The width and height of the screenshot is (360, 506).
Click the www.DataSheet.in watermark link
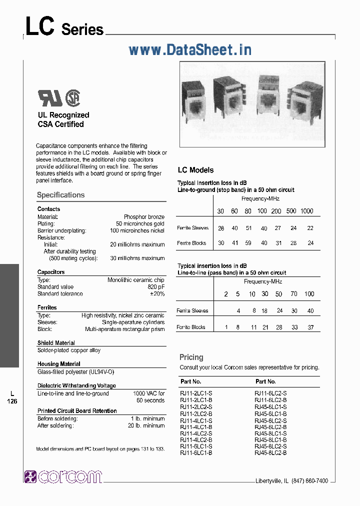[x=190, y=49]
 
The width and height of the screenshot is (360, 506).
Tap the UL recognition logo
[x=50, y=98]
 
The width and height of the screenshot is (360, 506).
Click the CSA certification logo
[x=73, y=97]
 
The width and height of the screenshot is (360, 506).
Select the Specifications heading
[x=60, y=195]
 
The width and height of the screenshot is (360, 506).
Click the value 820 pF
[x=154, y=287]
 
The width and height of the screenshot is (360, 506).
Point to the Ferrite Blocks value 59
[x=247, y=243]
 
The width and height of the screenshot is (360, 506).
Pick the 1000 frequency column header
[x=306, y=211]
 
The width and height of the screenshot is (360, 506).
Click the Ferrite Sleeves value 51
[x=247, y=228]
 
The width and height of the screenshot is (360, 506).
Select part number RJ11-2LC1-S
[x=196, y=393]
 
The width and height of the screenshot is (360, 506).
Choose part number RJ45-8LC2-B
[x=270, y=452]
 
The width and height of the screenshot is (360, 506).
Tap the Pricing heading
[x=191, y=357]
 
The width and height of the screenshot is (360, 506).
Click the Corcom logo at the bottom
[x=63, y=476]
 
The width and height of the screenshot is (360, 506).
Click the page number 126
[x=12, y=401]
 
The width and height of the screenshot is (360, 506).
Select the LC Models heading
[x=195, y=170]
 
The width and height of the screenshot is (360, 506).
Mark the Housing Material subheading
[x=58, y=364]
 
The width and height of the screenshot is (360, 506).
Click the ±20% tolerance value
[x=157, y=294]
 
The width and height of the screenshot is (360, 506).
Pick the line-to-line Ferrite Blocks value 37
[x=310, y=327]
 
